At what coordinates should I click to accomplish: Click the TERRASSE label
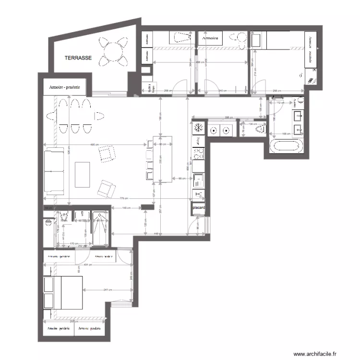[78, 57]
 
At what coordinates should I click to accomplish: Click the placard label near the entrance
[199, 208]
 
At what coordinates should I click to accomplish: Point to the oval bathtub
[287, 146]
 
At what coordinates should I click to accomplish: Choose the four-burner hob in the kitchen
[198, 154]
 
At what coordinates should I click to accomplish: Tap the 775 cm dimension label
[124, 198]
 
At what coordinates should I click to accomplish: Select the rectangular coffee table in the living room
[83, 175]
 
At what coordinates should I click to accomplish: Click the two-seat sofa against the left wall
[54, 171]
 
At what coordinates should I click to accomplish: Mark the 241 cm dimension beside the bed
[107, 289]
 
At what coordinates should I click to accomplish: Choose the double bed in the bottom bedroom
[63, 292]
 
